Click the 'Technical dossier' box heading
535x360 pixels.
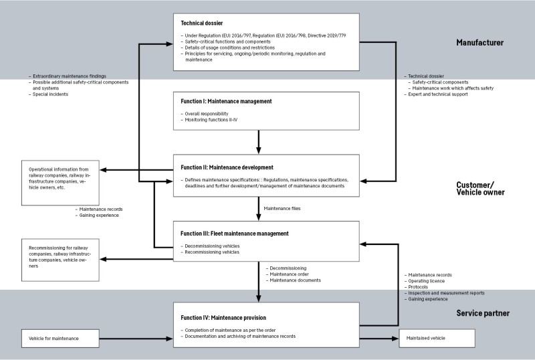202,23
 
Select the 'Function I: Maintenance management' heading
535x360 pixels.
226,102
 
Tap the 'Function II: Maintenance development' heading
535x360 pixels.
227,167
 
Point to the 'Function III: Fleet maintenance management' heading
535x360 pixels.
235,234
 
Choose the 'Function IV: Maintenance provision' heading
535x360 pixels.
223,318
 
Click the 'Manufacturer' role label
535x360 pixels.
479,43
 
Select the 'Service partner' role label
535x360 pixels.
483,313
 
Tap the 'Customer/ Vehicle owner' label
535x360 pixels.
480,189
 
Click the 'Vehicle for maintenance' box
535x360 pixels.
60,339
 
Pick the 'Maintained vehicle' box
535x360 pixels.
437,338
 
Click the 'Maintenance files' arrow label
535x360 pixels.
282,208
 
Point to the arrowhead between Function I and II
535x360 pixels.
259,150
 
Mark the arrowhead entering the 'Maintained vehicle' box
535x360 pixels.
395,339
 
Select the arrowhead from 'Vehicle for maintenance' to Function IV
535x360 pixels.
169,339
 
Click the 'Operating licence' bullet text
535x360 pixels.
427,281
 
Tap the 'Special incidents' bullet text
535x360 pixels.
51,94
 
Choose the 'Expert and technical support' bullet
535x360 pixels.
438,94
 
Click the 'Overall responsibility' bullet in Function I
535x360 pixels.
207,114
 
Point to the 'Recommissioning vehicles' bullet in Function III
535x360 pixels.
212,252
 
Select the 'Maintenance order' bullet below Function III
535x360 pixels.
290,274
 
